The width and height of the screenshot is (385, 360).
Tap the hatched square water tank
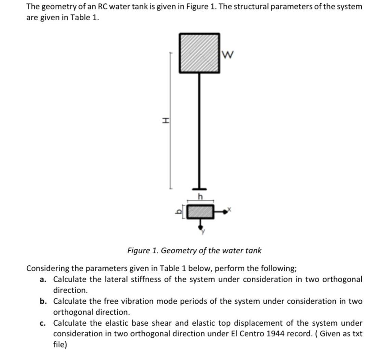199,53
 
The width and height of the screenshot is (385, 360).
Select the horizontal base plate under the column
199,188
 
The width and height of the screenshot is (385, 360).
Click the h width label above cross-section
200,197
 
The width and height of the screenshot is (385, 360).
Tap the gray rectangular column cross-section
200,212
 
